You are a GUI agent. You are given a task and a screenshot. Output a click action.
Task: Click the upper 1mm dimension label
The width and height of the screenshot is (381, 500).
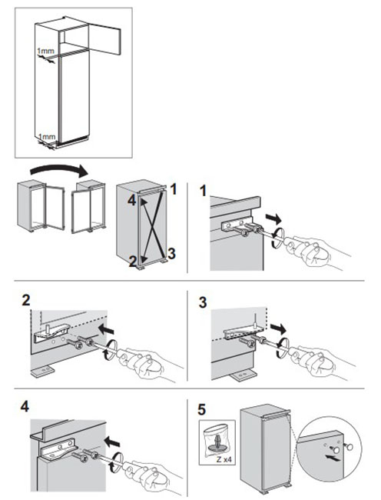(45, 51)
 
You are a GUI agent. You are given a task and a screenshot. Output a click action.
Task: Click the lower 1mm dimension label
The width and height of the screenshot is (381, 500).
(47, 137)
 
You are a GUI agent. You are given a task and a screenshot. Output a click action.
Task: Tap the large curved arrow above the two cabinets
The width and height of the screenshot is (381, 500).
(59, 170)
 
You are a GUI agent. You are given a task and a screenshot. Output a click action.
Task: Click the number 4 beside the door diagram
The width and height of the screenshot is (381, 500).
(132, 201)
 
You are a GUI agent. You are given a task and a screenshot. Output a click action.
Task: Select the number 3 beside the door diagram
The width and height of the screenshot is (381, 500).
(171, 254)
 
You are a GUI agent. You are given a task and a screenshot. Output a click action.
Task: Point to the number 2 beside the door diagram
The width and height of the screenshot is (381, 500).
(133, 262)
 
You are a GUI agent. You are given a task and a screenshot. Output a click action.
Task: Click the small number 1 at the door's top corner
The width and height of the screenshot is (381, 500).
(174, 189)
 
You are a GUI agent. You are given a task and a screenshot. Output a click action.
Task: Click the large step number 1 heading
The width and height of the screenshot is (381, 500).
(203, 191)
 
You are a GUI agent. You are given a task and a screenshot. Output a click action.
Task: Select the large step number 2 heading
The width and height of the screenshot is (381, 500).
(26, 300)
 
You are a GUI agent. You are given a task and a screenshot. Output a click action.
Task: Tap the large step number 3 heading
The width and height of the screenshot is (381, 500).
(203, 302)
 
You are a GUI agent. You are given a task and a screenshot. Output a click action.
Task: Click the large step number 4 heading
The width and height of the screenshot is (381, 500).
(25, 406)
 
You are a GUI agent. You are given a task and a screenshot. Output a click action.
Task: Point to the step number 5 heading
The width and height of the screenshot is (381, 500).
(202, 410)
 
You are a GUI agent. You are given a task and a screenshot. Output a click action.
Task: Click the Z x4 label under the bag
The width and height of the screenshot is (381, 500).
(224, 460)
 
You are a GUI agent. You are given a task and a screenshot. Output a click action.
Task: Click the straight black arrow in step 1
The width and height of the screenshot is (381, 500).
(273, 218)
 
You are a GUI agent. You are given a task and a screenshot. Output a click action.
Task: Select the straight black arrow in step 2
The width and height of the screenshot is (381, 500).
(106, 329)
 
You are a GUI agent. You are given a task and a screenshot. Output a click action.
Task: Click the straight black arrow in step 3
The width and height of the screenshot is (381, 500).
(278, 328)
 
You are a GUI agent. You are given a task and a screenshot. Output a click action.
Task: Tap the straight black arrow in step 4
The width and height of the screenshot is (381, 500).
(112, 442)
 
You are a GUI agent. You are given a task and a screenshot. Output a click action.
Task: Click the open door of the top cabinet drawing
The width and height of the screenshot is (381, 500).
(104, 40)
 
